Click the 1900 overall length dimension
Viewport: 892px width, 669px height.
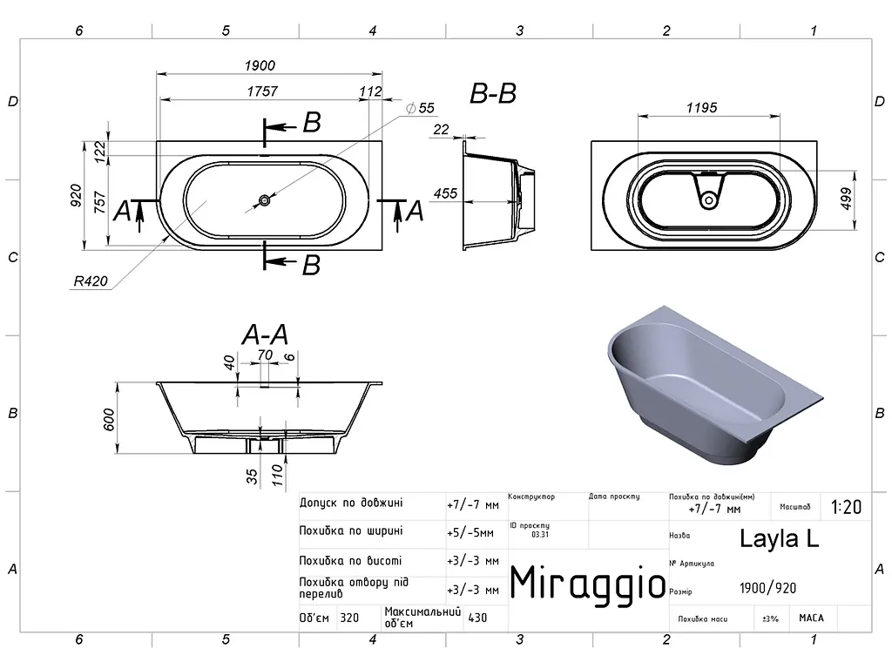(260, 65)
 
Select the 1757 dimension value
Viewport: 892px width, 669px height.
(262, 91)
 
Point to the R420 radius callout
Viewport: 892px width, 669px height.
(91, 281)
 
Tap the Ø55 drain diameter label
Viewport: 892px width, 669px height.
(421, 108)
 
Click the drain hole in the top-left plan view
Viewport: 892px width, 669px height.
(265, 200)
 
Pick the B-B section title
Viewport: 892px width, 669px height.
(493, 94)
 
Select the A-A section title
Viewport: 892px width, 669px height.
(265, 334)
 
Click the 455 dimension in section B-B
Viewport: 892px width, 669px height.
(445, 193)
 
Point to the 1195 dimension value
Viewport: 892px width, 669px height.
(701, 107)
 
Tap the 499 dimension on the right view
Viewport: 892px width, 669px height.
(846, 199)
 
